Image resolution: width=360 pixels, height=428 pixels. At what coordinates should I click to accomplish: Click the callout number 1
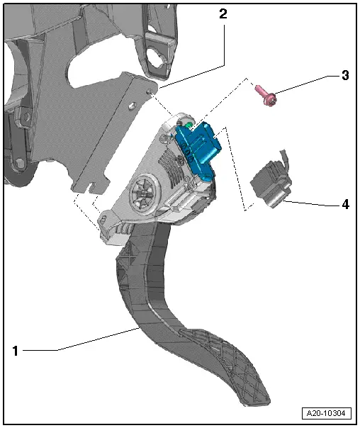coord(15,349)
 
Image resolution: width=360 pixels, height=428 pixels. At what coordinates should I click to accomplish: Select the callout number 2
coord(223,13)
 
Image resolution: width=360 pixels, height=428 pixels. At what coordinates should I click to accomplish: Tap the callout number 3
coord(345,76)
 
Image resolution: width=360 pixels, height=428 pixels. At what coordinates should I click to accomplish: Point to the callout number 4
coord(345,204)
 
